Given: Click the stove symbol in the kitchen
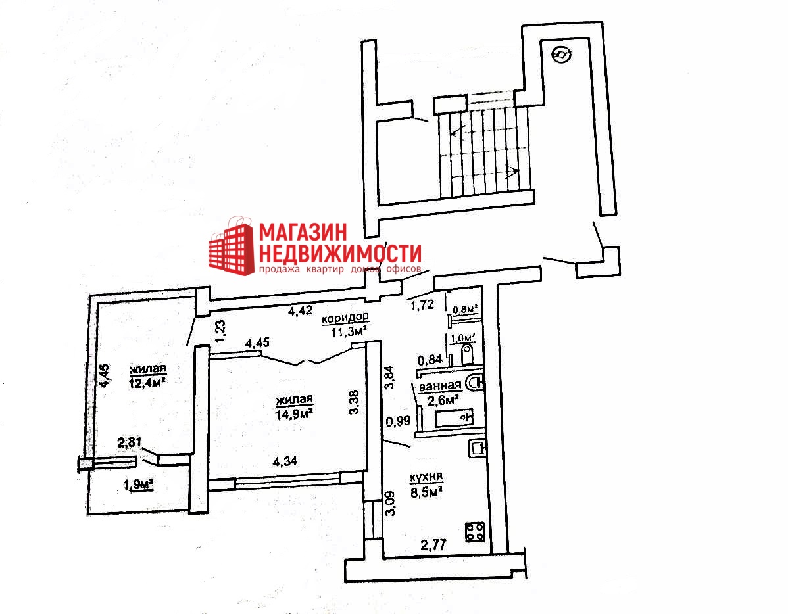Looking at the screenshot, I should (475, 531).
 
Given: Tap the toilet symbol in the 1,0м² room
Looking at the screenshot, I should (468, 356).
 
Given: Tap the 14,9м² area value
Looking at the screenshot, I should (293, 412).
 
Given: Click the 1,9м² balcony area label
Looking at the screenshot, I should (138, 485).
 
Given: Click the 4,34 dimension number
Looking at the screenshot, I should (285, 461).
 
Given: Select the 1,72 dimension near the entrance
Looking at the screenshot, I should (422, 304).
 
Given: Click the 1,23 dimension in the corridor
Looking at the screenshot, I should (221, 328).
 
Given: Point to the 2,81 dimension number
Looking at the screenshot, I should (130, 444).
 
